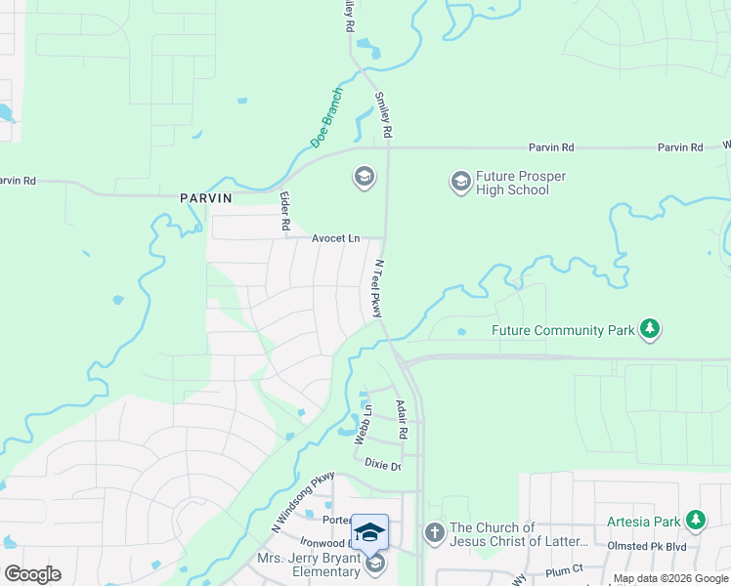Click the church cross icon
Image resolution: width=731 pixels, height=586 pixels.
[435, 533]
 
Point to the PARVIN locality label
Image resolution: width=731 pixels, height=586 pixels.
[206, 197]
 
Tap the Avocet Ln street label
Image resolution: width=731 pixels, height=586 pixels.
[336, 238]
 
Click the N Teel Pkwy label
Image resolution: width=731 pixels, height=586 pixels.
[375, 288]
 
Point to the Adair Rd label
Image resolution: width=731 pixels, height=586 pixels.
[401, 418]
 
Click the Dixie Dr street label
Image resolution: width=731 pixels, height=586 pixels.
[383, 466]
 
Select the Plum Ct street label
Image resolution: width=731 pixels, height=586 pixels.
[564, 568]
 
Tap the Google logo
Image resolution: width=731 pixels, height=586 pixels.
[32, 574]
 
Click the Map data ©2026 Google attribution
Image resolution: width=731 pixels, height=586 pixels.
[669, 579]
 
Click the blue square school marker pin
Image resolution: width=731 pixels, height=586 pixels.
[369, 532]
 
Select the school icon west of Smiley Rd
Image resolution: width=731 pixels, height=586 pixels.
[364, 177]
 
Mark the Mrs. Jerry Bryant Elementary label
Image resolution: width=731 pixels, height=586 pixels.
[309, 565]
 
